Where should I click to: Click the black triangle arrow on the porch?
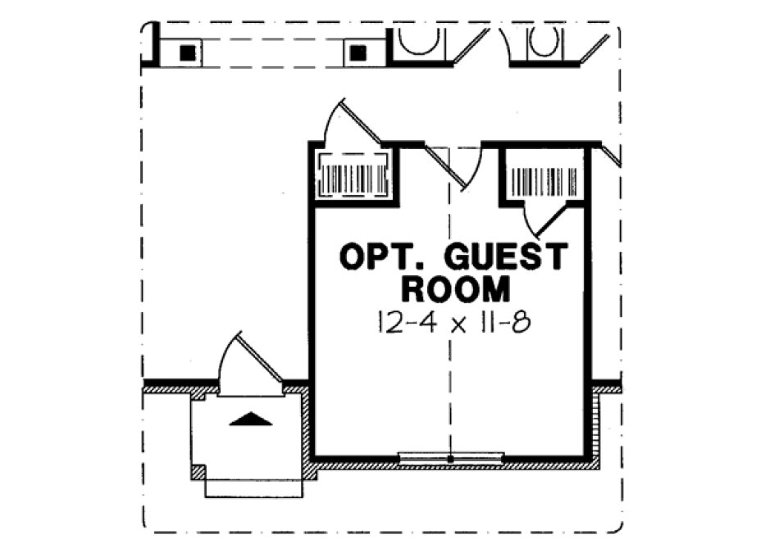click(250, 419)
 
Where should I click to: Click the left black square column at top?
click(189, 52)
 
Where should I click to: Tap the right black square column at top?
click(357, 52)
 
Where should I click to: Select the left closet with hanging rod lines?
click(352, 175)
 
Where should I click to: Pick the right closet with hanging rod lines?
click(543, 175)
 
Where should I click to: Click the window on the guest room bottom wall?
click(450, 457)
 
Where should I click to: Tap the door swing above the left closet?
click(348, 123)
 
